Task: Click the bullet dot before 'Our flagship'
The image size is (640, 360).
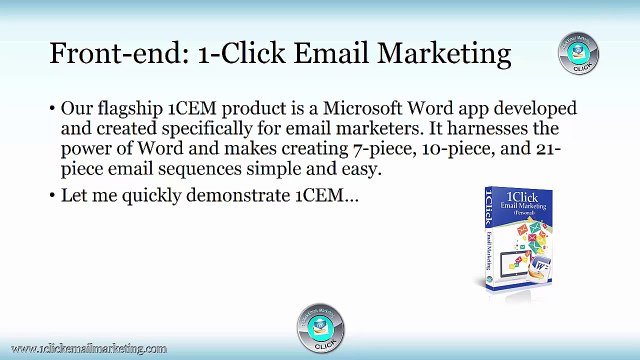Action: click(x=52, y=108)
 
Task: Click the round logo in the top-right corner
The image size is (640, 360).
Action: click(x=578, y=53)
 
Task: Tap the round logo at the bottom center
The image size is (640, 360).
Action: click(x=320, y=326)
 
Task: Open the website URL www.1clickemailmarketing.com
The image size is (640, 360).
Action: click(x=86, y=348)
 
